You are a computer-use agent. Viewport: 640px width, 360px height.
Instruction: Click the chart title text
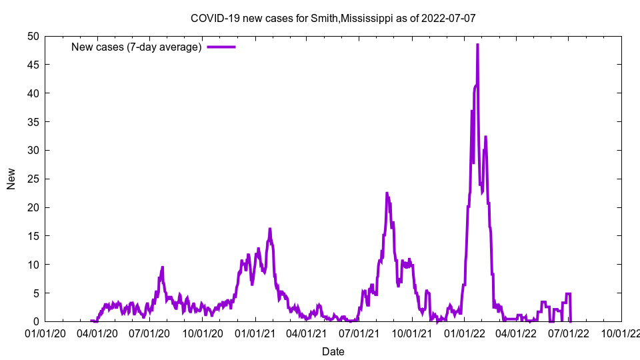click(333, 18)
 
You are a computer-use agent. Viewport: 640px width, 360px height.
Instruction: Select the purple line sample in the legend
click(221, 47)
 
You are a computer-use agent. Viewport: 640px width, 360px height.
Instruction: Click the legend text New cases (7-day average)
click(136, 47)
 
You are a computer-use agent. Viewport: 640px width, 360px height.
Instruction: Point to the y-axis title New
click(11, 179)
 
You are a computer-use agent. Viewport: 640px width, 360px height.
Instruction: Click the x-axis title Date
click(333, 351)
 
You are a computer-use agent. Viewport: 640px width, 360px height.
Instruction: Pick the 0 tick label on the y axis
click(35, 322)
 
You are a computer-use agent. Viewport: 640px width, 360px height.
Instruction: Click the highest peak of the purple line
click(477, 45)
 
